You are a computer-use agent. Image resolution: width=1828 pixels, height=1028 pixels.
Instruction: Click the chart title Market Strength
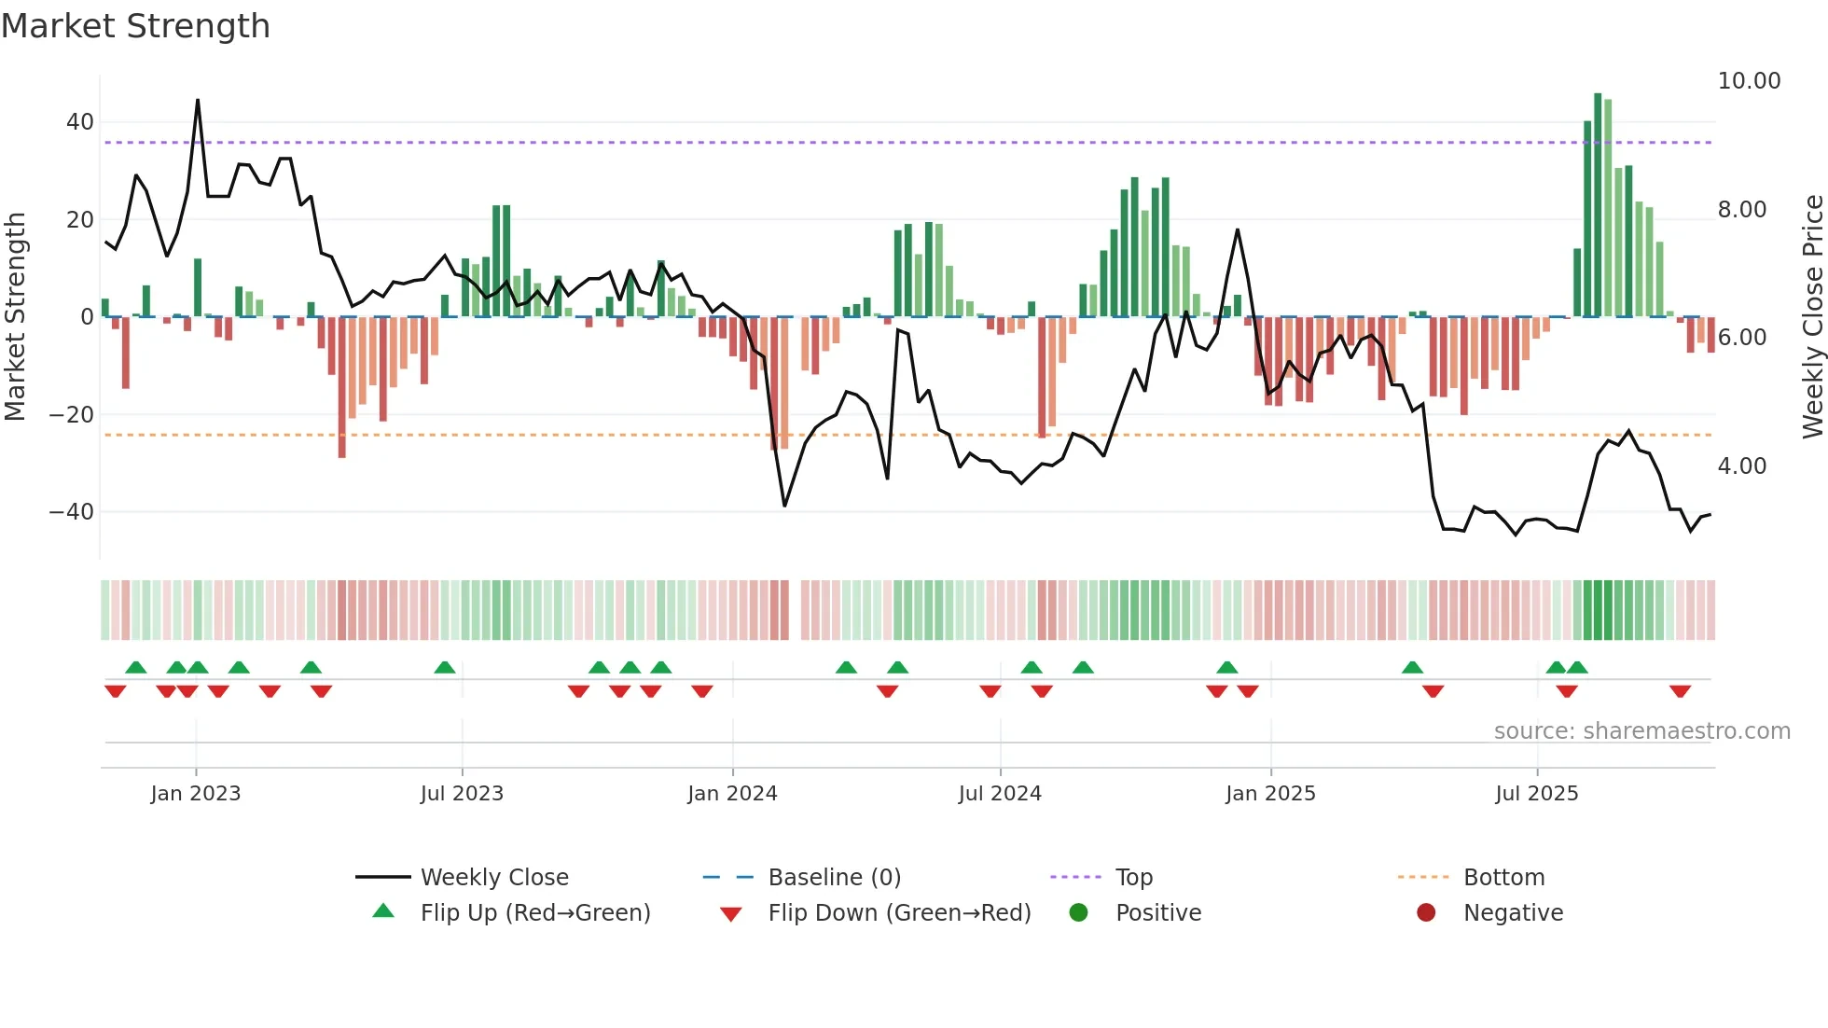(x=135, y=26)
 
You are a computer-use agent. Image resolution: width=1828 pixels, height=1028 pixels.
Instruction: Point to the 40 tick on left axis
(x=80, y=122)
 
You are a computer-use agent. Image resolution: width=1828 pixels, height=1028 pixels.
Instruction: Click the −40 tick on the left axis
(x=72, y=512)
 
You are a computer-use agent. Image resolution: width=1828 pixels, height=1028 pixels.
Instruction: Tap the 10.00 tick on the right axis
(x=1749, y=81)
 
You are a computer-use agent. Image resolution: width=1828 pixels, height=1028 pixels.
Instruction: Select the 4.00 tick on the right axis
(x=1741, y=466)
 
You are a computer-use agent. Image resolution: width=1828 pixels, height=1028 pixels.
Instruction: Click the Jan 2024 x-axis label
(x=732, y=794)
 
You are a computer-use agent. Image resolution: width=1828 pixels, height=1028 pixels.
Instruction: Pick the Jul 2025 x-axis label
(x=1536, y=794)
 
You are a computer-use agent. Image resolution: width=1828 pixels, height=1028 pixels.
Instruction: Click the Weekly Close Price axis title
(x=1812, y=317)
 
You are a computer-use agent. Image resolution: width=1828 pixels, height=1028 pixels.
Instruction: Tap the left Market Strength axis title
(x=15, y=317)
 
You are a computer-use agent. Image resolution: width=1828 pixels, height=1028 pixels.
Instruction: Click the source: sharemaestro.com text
(x=1641, y=731)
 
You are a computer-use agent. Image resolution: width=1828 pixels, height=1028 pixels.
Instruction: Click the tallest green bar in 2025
(x=1598, y=205)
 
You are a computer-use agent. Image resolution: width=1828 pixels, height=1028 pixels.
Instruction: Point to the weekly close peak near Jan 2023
(x=198, y=100)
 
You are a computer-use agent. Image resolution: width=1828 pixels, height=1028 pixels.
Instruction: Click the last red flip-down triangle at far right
(x=1680, y=691)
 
